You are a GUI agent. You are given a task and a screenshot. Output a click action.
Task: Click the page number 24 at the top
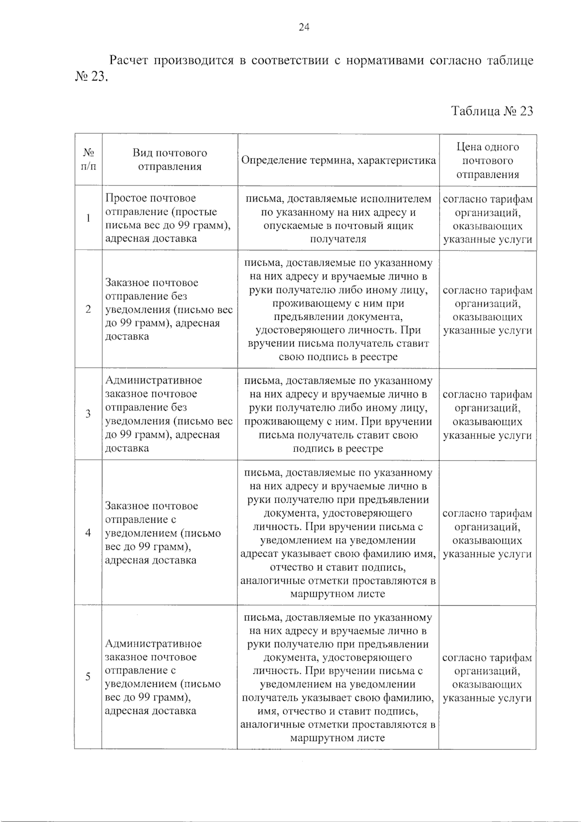[x=304, y=28]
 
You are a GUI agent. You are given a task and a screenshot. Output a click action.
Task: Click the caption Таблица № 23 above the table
[x=492, y=111]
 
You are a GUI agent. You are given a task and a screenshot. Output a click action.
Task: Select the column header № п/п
[x=88, y=160]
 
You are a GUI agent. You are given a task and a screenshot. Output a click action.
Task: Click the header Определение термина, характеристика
[x=338, y=160]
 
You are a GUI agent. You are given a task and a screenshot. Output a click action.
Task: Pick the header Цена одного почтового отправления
[x=487, y=160]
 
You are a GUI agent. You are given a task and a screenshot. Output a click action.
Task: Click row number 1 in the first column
[x=88, y=218]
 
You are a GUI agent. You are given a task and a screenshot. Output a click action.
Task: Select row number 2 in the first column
[x=88, y=309]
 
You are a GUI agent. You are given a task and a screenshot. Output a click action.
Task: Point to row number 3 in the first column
[x=88, y=414]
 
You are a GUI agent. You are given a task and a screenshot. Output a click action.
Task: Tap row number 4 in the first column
[x=88, y=533]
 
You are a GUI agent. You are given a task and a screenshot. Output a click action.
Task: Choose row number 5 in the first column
[x=88, y=677]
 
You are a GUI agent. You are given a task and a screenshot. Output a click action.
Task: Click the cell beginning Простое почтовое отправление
[x=168, y=218]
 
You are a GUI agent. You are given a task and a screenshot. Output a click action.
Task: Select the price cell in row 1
[x=487, y=219]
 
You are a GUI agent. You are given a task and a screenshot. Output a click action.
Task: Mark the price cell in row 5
[x=487, y=678]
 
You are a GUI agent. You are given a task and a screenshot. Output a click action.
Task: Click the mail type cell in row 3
[x=168, y=414]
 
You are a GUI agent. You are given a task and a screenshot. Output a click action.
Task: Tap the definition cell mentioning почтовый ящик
[x=338, y=219]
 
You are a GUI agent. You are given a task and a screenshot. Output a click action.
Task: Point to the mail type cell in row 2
[x=168, y=309]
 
